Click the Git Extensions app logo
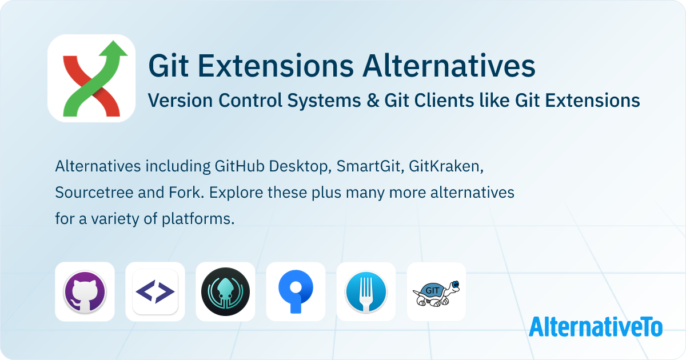click(x=91, y=78)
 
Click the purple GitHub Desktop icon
click(x=85, y=291)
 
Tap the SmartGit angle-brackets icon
click(x=155, y=292)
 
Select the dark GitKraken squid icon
click(x=225, y=291)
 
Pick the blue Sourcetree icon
click(x=296, y=291)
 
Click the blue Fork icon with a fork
click(x=366, y=291)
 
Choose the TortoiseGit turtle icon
click(x=436, y=292)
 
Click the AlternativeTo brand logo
click(x=595, y=327)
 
